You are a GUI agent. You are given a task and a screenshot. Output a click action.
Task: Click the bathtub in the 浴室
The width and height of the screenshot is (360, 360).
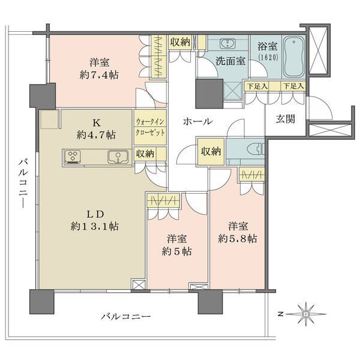(294, 57)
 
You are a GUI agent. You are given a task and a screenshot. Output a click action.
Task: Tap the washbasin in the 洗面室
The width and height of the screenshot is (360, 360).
(227, 44)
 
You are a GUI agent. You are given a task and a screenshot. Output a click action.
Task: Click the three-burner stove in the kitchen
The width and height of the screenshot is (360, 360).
(73, 157)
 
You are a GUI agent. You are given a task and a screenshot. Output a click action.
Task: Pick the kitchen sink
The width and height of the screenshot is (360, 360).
(118, 157)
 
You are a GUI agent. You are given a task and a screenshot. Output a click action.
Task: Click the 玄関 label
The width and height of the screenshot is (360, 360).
(286, 119)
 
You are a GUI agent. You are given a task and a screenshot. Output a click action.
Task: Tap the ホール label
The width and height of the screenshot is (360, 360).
(198, 121)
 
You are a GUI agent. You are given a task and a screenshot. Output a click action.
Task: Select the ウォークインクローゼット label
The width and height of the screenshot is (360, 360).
(150, 127)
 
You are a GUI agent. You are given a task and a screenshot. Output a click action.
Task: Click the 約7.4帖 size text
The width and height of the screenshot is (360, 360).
(99, 75)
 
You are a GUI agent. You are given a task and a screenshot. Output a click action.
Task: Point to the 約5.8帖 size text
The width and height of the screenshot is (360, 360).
(238, 239)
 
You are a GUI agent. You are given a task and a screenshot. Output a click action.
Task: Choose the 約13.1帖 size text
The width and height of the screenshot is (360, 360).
(95, 226)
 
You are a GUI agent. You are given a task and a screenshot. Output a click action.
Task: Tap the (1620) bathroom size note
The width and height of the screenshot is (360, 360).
(268, 57)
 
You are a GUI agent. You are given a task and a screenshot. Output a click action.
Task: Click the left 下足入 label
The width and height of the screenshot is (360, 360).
(257, 86)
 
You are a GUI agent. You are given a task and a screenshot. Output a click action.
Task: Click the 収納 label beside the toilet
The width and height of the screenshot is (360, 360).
(211, 151)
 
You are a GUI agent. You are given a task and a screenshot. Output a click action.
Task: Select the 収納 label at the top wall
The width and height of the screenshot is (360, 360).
(180, 42)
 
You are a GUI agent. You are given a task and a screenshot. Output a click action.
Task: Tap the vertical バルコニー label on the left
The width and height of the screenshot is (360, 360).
(23, 184)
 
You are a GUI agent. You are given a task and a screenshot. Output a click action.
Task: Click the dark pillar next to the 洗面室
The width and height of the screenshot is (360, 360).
(209, 94)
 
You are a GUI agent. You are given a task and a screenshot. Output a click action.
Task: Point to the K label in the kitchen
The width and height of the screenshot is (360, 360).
(97, 123)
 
